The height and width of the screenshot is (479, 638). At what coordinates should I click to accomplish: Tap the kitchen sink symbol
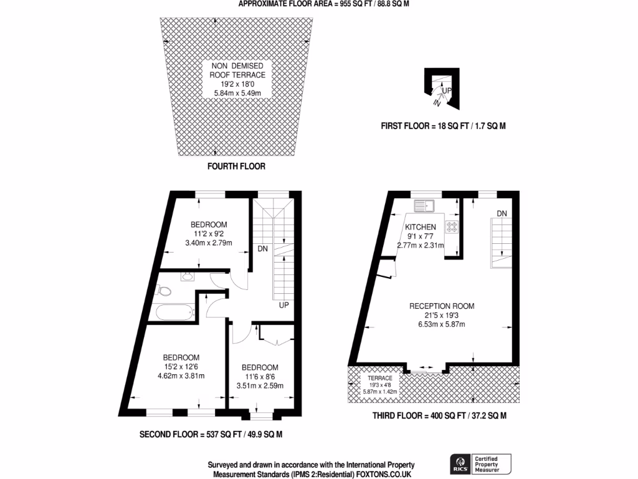[x=425, y=203]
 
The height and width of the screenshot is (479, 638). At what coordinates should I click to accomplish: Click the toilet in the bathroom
[x=164, y=290]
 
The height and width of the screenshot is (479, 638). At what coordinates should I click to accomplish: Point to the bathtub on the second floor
[x=175, y=311]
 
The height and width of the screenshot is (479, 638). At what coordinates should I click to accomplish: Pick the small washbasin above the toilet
[x=186, y=277]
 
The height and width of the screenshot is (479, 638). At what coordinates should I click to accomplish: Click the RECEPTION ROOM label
[x=442, y=306]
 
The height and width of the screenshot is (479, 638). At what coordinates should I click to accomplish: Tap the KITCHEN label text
[x=421, y=227]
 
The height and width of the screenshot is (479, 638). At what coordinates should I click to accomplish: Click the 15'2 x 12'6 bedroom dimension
[x=181, y=367]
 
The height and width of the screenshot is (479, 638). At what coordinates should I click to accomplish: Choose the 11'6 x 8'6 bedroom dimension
[x=260, y=377]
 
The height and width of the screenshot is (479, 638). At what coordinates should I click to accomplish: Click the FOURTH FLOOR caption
[x=236, y=167]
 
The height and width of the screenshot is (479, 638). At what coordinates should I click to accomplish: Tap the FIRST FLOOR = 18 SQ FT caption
[x=443, y=126]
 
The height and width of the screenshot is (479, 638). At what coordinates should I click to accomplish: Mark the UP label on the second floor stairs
[x=283, y=306]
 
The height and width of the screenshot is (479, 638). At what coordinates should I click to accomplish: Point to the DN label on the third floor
[x=502, y=214]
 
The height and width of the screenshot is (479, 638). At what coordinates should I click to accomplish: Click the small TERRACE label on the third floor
[x=379, y=378]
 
